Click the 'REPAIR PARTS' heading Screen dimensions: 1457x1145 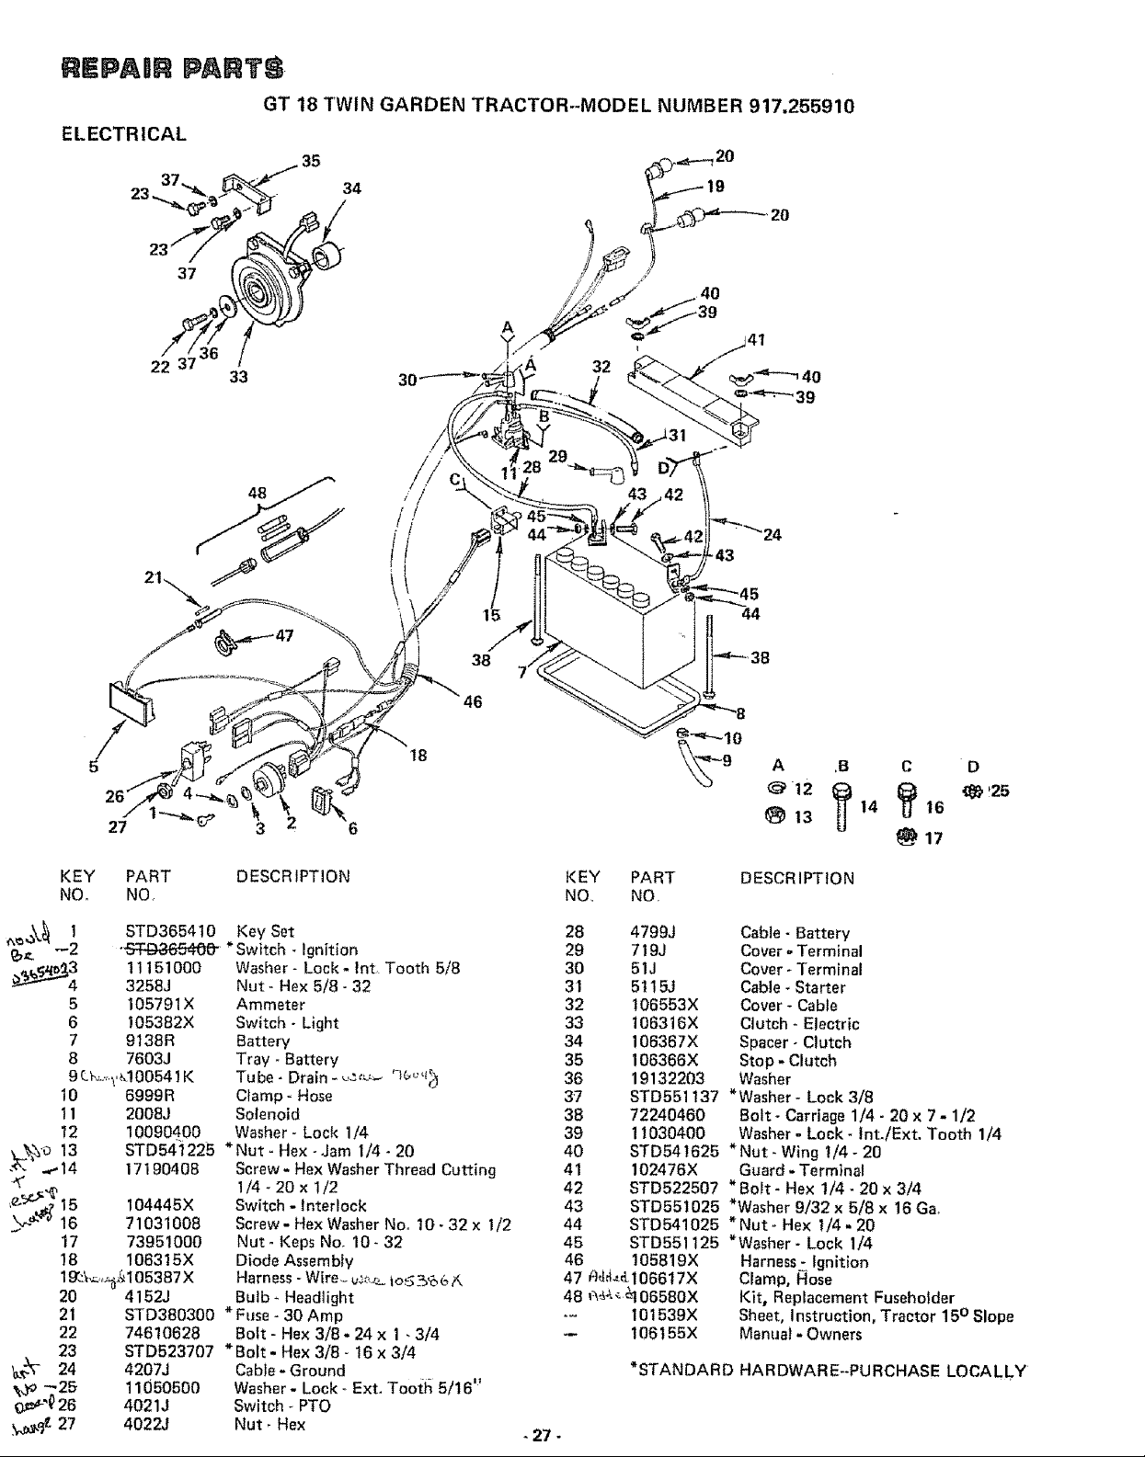169,69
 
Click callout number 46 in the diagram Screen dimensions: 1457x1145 473,702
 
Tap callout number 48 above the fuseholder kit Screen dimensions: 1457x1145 258,492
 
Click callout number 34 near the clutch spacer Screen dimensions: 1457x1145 351,189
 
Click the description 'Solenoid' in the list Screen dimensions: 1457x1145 268,1114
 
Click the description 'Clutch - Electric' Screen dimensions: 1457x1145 799,1024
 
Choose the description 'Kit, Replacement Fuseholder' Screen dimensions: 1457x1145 847,1298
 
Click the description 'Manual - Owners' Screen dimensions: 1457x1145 800,1334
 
